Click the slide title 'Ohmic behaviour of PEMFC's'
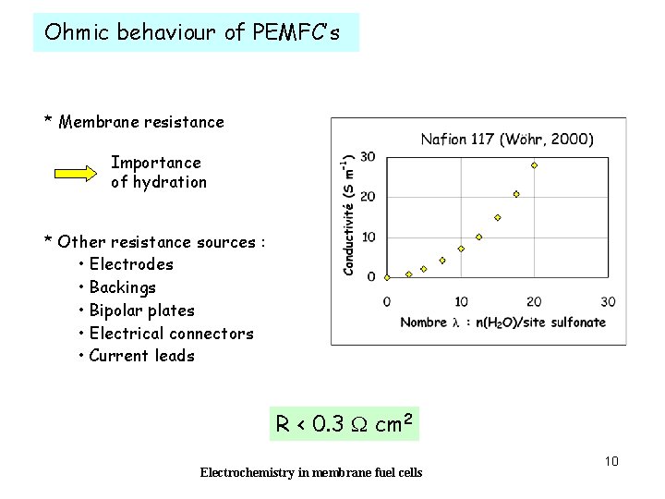coord(192,33)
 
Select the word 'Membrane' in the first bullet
coord(103,122)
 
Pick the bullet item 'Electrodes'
coord(131,264)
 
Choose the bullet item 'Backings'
coord(123,287)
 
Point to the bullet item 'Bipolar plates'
coord(141,310)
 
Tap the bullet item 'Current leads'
coord(141,356)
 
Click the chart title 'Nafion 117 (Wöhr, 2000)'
coord(507,140)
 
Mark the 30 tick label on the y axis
coord(368,157)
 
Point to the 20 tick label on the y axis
coord(368,197)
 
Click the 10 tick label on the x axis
coord(460,301)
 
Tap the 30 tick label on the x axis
coord(608,301)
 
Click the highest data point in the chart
coord(534,165)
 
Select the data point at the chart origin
coord(387,276)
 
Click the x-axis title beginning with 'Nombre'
coord(502,323)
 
